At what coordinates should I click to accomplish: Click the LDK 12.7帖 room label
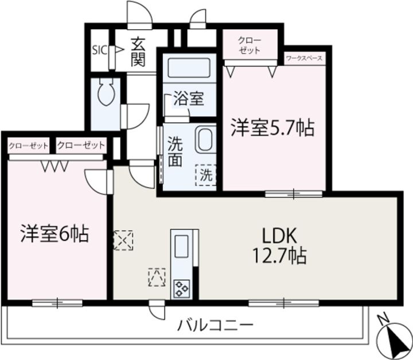click(279, 246)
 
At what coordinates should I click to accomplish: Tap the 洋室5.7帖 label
click(272, 128)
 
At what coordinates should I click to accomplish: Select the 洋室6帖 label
click(54, 233)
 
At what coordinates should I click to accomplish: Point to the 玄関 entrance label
click(138, 52)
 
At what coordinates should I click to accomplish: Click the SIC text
click(100, 50)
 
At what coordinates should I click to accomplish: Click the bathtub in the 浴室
click(189, 68)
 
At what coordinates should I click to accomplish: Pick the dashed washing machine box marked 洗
click(206, 175)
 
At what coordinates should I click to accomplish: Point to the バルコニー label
click(216, 326)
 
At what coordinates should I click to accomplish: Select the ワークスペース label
click(304, 58)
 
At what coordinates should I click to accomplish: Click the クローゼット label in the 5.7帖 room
click(250, 45)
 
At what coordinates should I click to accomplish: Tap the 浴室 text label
click(189, 99)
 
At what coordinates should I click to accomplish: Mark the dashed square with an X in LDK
click(123, 240)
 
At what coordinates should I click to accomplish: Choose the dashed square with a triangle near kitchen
click(157, 277)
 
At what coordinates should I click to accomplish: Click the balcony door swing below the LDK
click(157, 311)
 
